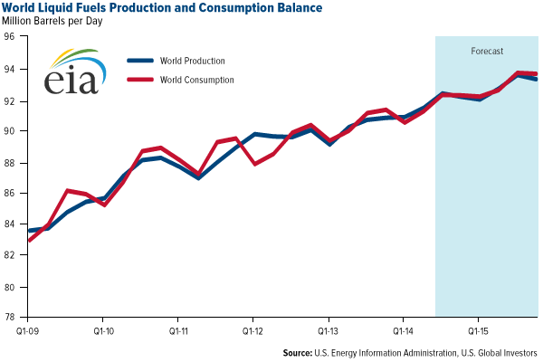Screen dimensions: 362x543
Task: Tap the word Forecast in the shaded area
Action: point(487,52)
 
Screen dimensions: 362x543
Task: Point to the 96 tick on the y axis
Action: point(11,37)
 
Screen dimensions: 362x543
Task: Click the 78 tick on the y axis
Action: point(11,318)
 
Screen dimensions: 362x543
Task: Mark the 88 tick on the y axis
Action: point(11,162)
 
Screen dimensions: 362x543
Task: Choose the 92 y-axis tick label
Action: point(11,100)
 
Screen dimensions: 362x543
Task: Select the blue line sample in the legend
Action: point(142,62)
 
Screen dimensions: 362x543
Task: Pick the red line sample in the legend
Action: point(142,80)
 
